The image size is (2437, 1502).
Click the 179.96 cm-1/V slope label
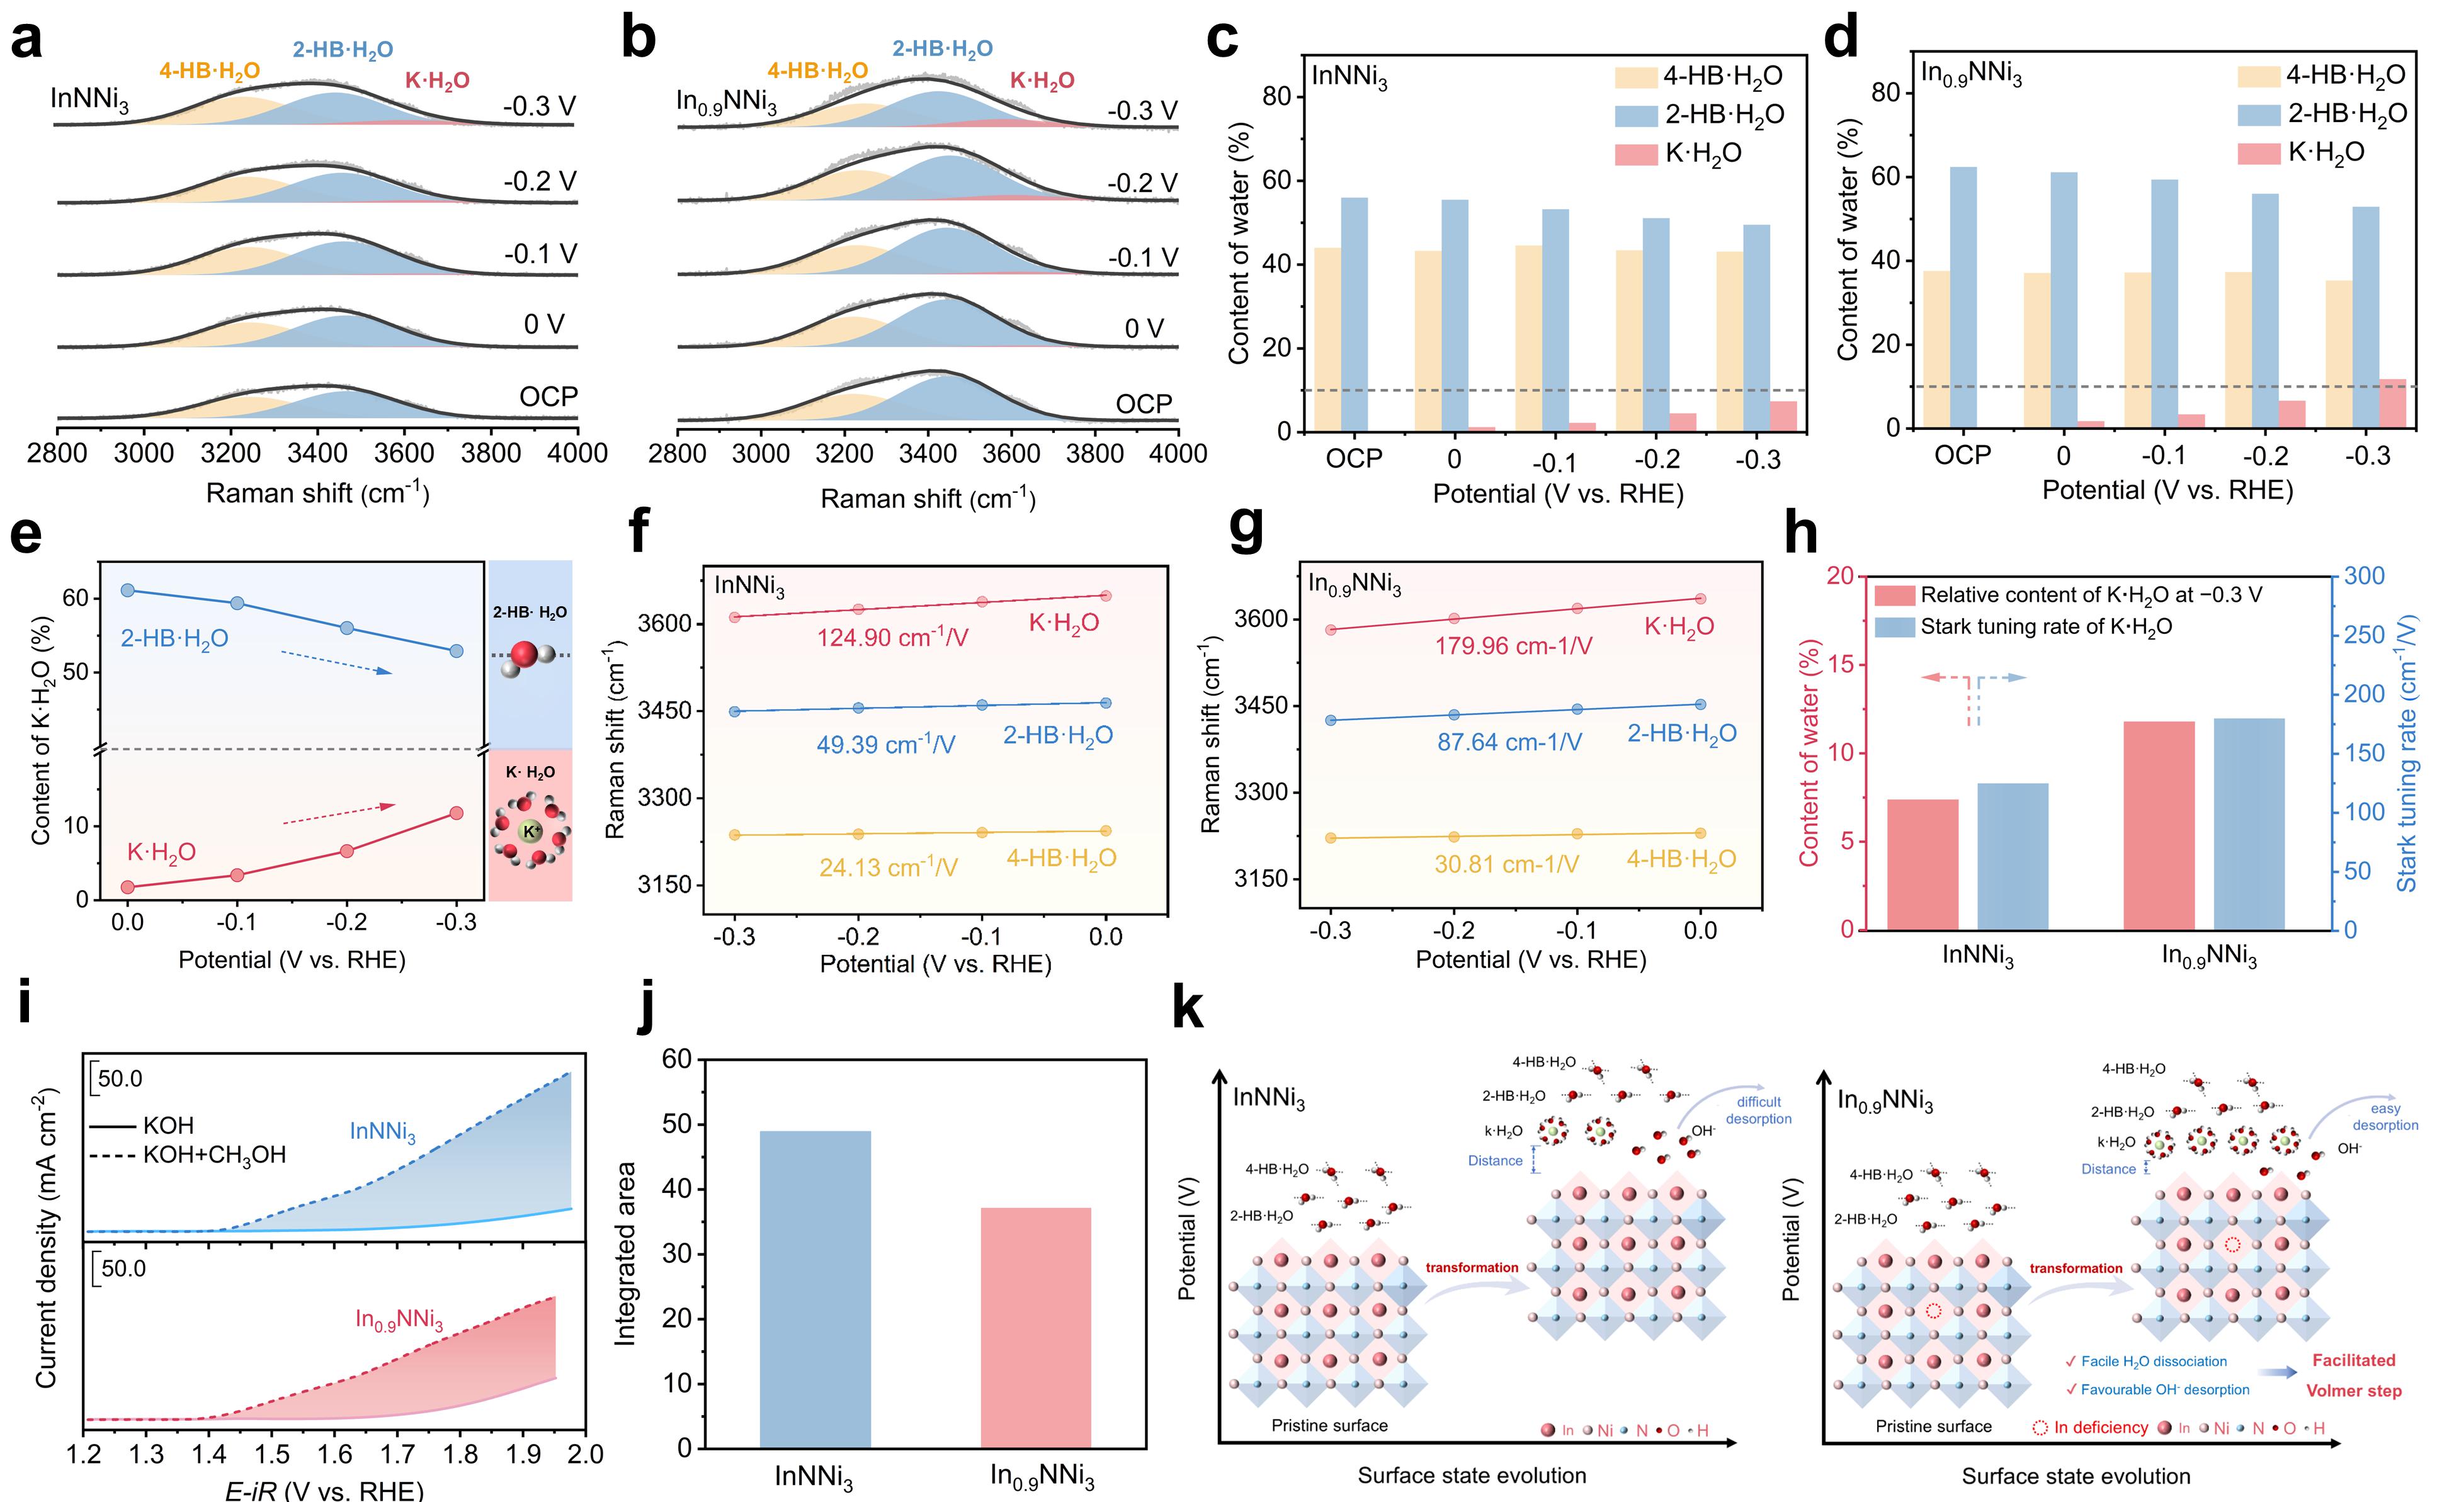(1513, 647)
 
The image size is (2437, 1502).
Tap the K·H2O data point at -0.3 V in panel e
(456, 813)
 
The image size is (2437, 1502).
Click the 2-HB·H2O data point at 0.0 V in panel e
(127, 590)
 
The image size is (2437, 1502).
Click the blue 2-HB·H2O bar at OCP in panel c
(1354, 314)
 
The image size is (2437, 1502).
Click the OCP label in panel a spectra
(548, 397)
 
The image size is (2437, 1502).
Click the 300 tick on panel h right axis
(2365, 576)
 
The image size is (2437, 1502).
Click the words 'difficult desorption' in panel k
(1758, 1110)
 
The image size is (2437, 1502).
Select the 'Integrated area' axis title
(625, 1253)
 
